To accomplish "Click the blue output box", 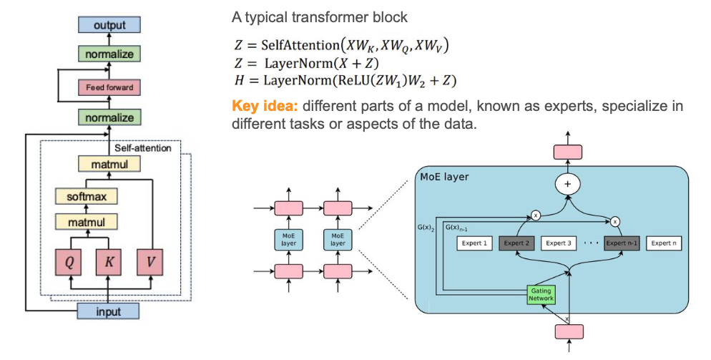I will pyautogui.click(x=109, y=26).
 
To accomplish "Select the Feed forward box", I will pyautogui.click(x=109, y=88).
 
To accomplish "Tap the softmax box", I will pyautogui.click(x=86, y=195).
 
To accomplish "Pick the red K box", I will pyautogui.click(x=109, y=262).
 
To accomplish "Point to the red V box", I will pyautogui.click(x=149, y=262).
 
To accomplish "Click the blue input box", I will pyautogui.click(x=108, y=311).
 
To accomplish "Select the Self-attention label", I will pyautogui.click(x=143, y=148).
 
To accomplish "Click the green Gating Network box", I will pyautogui.click(x=541, y=294).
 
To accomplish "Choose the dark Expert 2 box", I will pyautogui.click(x=517, y=243).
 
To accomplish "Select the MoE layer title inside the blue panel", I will pyautogui.click(x=444, y=176).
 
